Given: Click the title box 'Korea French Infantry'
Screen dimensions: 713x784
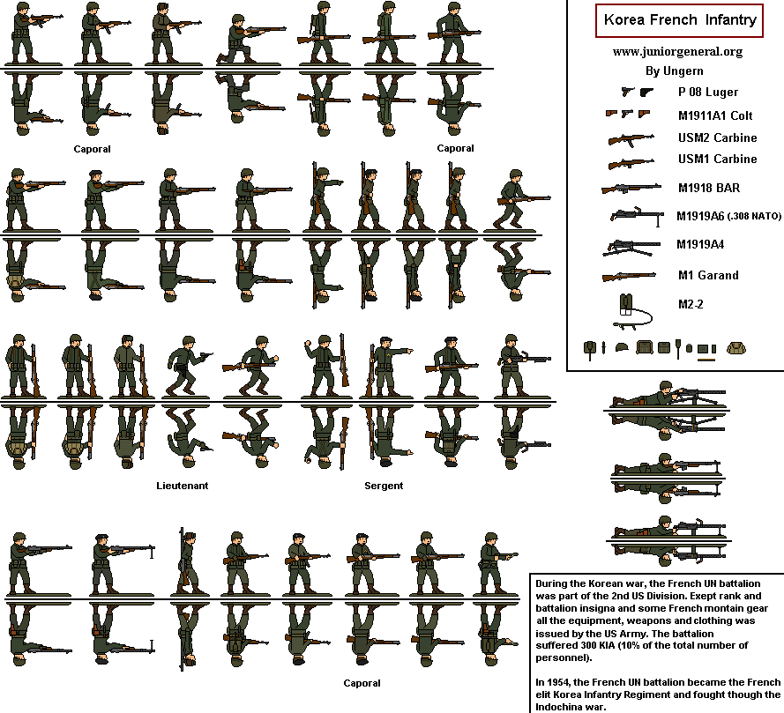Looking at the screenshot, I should (x=679, y=19).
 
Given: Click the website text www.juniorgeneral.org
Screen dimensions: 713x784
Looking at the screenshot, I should (x=677, y=51).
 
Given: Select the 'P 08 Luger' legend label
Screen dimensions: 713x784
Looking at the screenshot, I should (x=707, y=92).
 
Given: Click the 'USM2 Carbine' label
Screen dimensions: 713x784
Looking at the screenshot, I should (x=717, y=138).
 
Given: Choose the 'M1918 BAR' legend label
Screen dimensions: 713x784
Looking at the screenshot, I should (x=708, y=188).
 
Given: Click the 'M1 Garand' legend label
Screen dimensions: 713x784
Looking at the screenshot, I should (x=707, y=275).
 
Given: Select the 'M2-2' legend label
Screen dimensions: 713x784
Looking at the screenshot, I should (x=691, y=304).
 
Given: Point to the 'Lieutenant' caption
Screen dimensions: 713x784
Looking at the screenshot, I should (x=183, y=486).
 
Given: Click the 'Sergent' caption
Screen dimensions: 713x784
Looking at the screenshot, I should (x=384, y=486).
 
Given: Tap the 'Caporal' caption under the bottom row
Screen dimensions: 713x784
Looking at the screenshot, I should (x=362, y=683).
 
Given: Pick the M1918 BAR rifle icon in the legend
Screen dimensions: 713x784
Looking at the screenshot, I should (x=631, y=188).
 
